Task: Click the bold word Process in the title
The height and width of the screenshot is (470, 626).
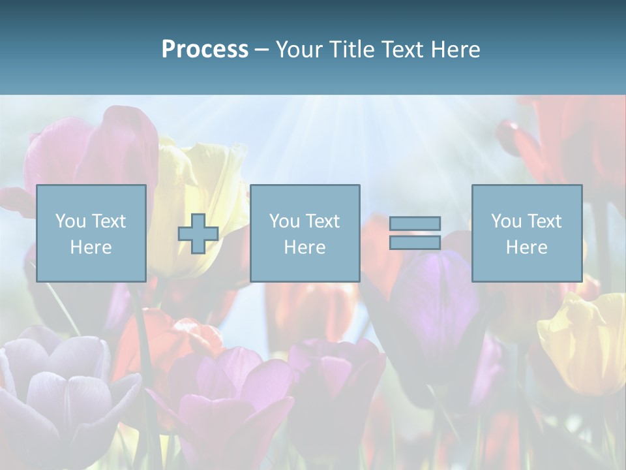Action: (205, 50)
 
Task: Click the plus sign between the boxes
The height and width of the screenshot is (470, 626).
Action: (198, 234)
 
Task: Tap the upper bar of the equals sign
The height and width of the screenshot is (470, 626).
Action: (415, 223)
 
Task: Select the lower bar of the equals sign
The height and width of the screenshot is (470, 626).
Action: (415, 242)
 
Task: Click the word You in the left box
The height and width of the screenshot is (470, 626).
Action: (70, 221)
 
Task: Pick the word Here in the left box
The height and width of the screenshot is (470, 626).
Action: (91, 247)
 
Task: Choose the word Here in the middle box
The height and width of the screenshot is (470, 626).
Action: (305, 247)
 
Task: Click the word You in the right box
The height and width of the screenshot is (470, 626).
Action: (506, 221)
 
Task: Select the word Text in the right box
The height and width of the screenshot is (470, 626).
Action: (544, 221)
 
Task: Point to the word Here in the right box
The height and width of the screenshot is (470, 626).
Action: (527, 247)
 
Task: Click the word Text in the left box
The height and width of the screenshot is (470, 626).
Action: (109, 221)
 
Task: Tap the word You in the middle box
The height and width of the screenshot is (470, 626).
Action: (284, 221)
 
